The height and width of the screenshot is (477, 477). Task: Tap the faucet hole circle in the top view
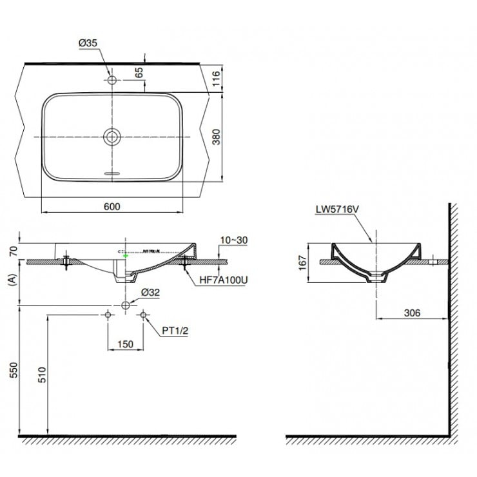tap(112, 81)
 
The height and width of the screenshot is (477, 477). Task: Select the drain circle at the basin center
tap(112, 137)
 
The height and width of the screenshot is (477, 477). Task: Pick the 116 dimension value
tap(217, 79)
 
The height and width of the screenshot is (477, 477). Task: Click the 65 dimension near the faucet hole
tap(139, 72)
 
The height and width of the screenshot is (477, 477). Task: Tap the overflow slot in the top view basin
tap(112, 174)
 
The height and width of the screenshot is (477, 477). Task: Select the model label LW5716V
tap(337, 209)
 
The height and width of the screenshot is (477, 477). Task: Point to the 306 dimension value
tap(412, 313)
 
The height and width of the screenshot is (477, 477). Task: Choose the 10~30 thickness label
tap(233, 240)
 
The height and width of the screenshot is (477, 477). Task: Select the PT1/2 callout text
tap(174, 330)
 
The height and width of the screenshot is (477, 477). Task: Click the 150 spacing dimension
tap(125, 344)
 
